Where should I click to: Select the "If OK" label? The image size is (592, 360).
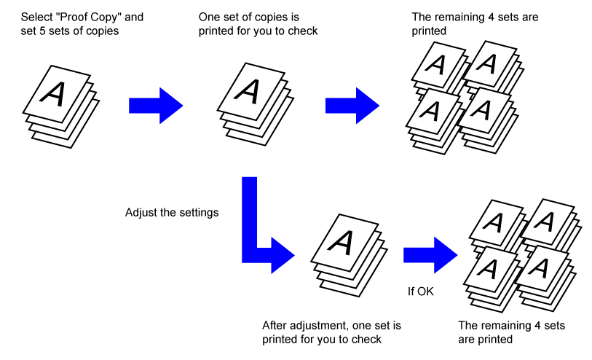(x=420, y=292)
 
